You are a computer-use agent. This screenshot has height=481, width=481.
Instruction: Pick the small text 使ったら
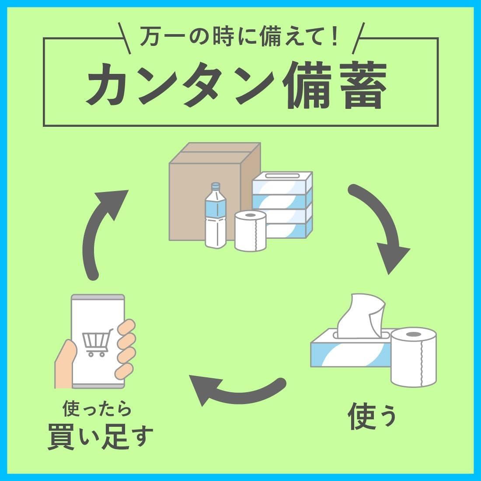click(97, 410)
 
